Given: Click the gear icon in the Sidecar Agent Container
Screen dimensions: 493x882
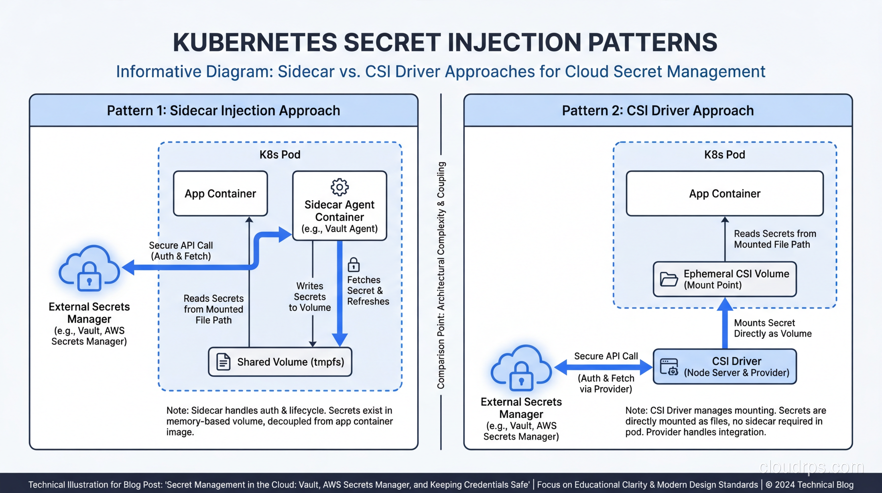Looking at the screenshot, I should pyautogui.click(x=339, y=187).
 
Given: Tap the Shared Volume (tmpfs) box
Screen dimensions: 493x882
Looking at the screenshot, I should pyautogui.click(x=280, y=362).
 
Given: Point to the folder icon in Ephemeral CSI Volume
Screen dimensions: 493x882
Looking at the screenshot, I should pyautogui.click(x=668, y=279).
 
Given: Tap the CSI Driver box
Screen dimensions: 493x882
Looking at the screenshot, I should pyautogui.click(x=725, y=367).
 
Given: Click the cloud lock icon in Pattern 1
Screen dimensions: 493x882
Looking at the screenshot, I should pyautogui.click(x=89, y=269).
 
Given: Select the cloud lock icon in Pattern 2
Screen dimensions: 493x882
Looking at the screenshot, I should pyautogui.click(x=521, y=368).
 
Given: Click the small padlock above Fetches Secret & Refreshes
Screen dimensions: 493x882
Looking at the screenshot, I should pyautogui.click(x=354, y=265).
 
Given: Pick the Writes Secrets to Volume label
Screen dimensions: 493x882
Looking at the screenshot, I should pyautogui.click(x=310, y=297).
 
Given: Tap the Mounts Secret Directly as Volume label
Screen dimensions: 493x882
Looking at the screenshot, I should pyautogui.click(x=772, y=328).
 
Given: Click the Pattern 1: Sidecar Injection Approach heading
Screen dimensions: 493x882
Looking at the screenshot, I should pyautogui.click(x=223, y=111).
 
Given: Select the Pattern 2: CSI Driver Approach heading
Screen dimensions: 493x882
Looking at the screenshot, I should pyautogui.click(x=658, y=111).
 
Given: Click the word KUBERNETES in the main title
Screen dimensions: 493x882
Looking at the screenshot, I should pyautogui.click(x=255, y=42).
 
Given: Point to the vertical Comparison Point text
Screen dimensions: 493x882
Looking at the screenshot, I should pyautogui.click(x=441, y=275).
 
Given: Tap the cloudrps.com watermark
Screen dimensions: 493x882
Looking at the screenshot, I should pyautogui.click(x=811, y=467).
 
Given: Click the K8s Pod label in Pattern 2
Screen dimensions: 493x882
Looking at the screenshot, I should pyautogui.click(x=725, y=155).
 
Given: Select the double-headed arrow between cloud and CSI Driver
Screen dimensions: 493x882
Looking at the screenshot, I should pyautogui.click(x=603, y=367).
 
